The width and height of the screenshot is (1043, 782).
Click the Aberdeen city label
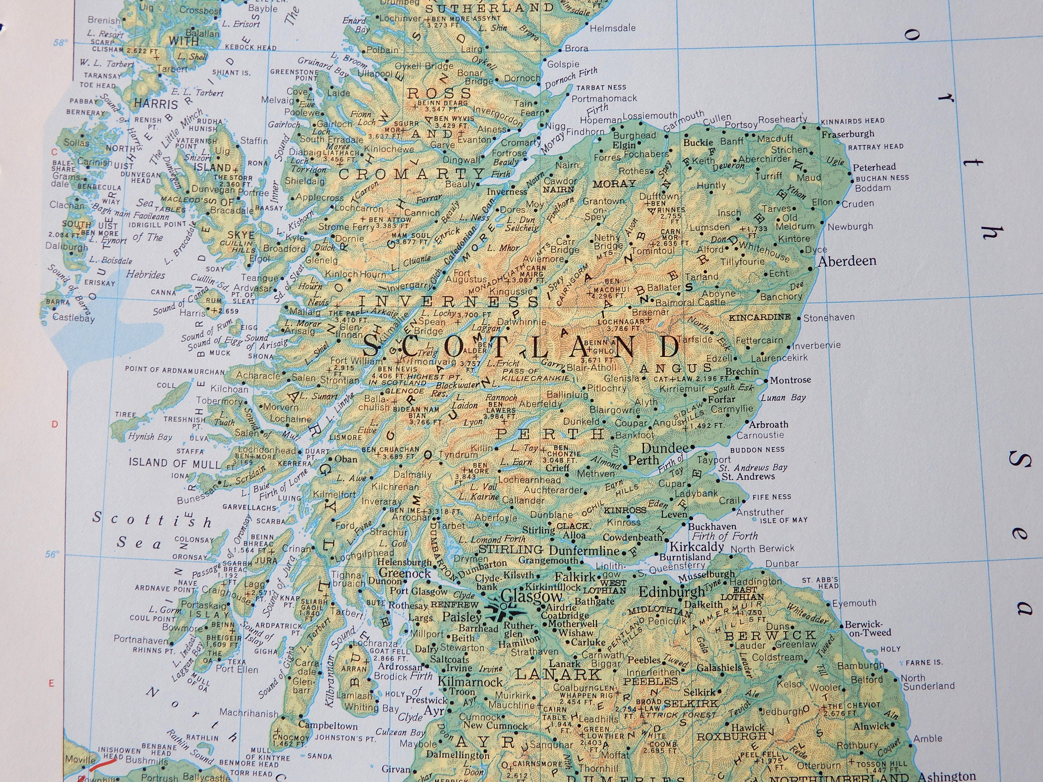tap(847, 261)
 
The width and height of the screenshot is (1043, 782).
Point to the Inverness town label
tap(507, 192)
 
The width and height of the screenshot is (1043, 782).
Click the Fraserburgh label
tap(848, 134)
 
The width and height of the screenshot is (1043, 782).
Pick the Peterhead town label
tap(874, 167)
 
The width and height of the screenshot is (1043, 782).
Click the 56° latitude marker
tap(53, 554)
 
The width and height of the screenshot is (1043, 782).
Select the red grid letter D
tap(55, 424)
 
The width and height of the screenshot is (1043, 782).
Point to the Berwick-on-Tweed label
tap(867, 628)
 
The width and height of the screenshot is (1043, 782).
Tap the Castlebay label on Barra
tap(74, 317)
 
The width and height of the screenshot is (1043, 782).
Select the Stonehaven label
tap(828, 318)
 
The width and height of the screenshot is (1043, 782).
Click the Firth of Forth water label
tap(725, 536)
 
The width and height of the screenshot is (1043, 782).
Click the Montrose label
tap(790, 380)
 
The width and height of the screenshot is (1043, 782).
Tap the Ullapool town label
tap(375, 74)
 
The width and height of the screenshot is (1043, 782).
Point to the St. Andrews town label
tap(748, 476)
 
